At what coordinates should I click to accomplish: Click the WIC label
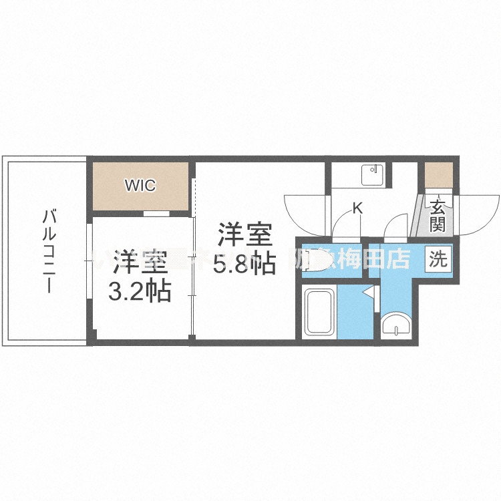click(x=140, y=185)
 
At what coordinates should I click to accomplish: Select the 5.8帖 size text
click(x=244, y=264)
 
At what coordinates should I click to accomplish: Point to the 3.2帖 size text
click(x=140, y=291)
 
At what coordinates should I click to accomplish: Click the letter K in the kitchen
click(x=357, y=208)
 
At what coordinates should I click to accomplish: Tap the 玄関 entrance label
click(x=438, y=215)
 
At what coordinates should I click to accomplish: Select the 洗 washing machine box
click(x=438, y=259)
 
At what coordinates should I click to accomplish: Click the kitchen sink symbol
click(x=371, y=175)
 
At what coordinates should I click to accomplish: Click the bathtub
click(x=319, y=312)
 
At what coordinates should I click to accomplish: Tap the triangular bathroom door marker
click(x=368, y=292)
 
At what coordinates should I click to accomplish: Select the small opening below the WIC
click(x=156, y=214)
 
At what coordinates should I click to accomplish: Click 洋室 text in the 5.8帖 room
click(x=244, y=236)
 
